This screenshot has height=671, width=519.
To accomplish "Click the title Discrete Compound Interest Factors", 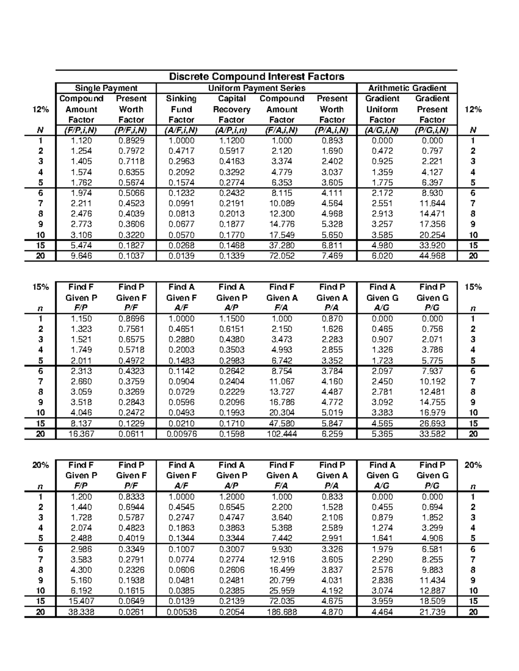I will click(x=256, y=76).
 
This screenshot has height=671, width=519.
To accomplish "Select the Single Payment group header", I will click(x=106, y=88).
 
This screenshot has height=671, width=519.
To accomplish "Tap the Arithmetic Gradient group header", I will click(x=407, y=88).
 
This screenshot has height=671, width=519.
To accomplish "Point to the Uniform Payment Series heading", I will click(x=256, y=88).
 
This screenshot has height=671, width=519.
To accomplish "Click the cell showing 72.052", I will click(x=282, y=256).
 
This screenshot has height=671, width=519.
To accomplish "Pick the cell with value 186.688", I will click(x=282, y=612).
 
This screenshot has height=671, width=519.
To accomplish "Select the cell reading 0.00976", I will click(x=182, y=434).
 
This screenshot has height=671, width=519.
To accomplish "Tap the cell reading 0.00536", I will click(x=182, y=612).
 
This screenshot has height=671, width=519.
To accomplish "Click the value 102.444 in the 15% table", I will click(x=282, y=434).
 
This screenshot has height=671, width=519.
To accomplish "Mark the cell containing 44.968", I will click(x=432, y=256).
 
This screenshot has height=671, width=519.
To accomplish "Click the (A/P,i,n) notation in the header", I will click(x=231, y=130).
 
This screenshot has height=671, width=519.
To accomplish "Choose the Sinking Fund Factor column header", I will click(x=181, y=109).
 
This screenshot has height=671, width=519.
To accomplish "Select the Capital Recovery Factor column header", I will click(x=231, y=109).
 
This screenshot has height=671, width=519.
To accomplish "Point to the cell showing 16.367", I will click(x=81, y=434).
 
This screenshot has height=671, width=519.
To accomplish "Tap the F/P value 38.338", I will click(x=81, y=612).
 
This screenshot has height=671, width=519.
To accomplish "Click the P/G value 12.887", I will click(x=432, y=591).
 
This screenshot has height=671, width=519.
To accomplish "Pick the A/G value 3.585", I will click(x=382, y=235).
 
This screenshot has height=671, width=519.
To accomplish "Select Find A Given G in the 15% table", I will click(x=382, y=293).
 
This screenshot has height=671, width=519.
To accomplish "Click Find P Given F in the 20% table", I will click(x=131, y=471).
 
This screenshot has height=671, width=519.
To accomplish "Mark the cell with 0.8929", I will click(x=131, y=140).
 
